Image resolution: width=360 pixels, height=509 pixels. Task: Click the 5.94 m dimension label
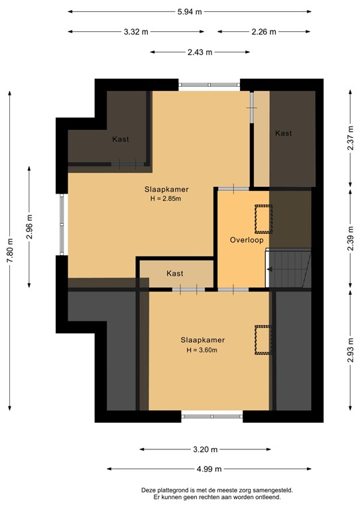click(x=190, y=12)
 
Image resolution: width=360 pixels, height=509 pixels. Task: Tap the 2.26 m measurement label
click(x=263, y=32)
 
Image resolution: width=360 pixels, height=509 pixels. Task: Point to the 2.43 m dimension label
click(x=200, y=52)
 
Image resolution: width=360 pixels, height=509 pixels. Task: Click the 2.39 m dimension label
click(x=350, y=239)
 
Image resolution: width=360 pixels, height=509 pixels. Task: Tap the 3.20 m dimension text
click(x=200, y=449)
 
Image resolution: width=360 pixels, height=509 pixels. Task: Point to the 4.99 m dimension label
click(x=209, y=469)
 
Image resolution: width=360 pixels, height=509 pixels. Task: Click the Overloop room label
click(x=247, y=240)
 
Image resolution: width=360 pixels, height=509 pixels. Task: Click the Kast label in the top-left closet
click(x=121, y=139)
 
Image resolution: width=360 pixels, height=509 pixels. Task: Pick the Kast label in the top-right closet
click(x=283, y=133)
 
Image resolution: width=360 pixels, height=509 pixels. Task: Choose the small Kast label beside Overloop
click(x=175, y=273)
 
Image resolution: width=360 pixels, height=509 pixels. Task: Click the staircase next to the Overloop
click(x=290, y=268)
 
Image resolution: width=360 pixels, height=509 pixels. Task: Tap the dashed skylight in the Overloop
click(x=264, y=219)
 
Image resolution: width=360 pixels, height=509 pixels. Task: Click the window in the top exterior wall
click(x=209, y=84)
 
